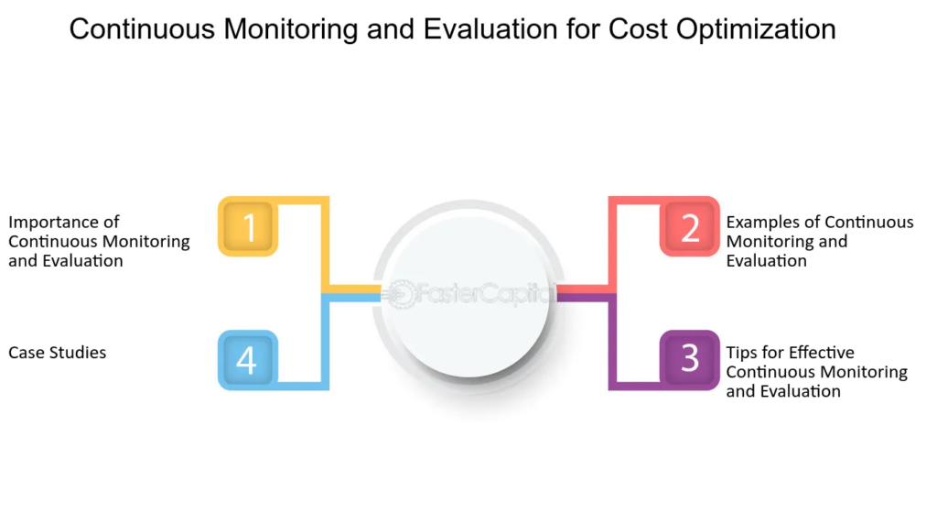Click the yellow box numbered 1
[x=248, y=226]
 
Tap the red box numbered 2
[x=690, y=226]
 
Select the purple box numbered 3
[x=690, y=359]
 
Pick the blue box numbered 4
[x=248, y=359]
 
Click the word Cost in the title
[x=638, y=28]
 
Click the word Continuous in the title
[x=142, y=28]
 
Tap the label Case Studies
[x=58, y=353]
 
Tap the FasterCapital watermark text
[x=483, y=294]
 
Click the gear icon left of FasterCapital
[x=398, y=294]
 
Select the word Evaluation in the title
[x=490, y=28]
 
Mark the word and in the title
[x=390, y=28]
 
